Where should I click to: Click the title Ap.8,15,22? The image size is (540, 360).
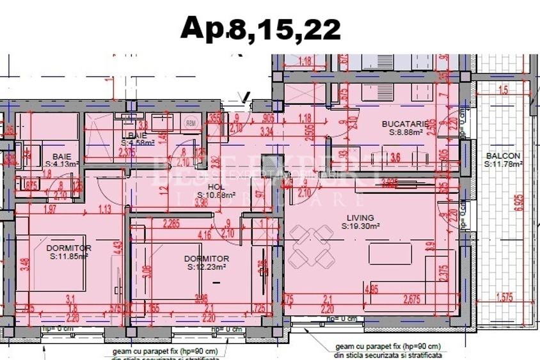(260, 28)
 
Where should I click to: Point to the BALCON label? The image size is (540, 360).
(503, 155)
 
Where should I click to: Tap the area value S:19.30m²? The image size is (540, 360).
(361, 226)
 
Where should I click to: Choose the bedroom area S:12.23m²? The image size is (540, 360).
(207, 267)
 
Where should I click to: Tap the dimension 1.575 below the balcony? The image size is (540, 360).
(509, 297)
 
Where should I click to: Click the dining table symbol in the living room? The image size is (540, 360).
(314, 248)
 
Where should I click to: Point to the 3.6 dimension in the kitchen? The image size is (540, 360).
(395, 158)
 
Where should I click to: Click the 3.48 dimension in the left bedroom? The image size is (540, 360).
(24, 262)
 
